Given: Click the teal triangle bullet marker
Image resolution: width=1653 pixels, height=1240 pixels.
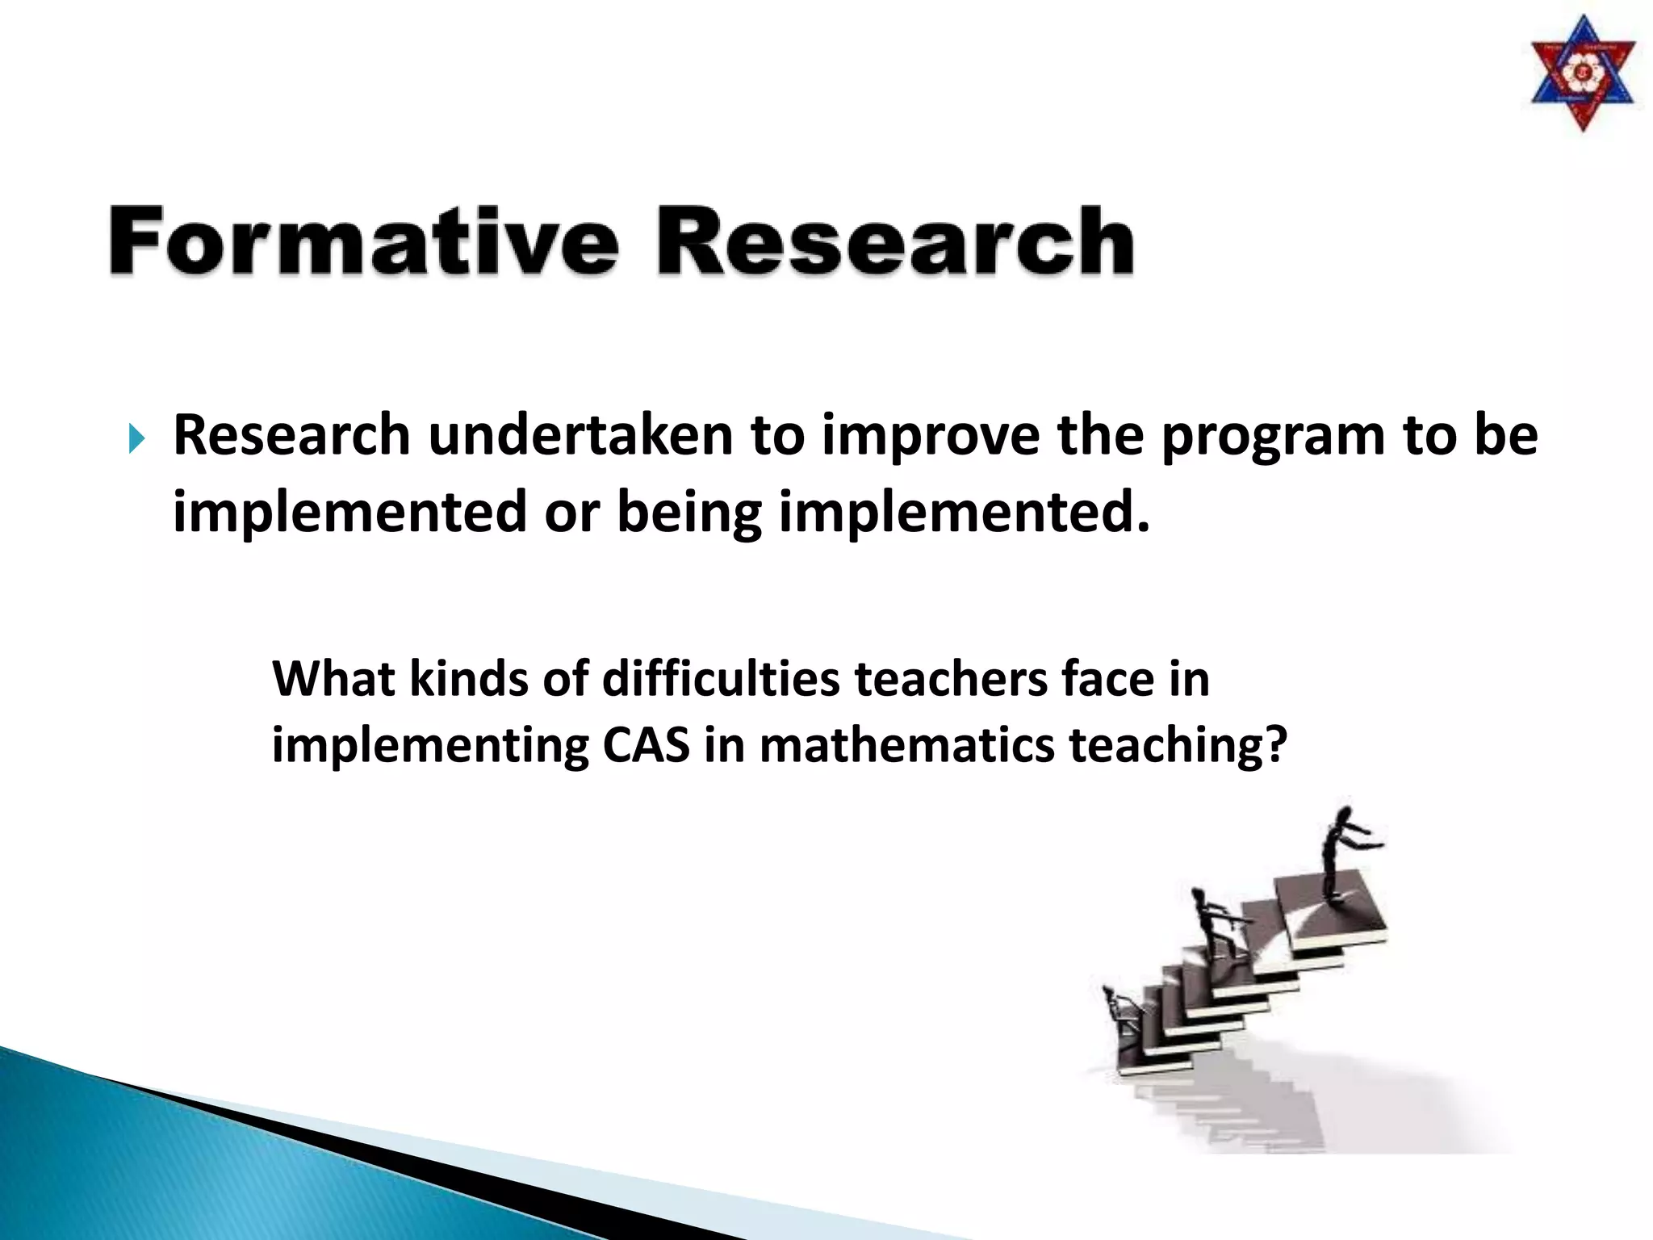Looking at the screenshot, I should click(x=136, y=440).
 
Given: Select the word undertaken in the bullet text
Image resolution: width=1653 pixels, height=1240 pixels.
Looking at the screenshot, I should click(x=580, y=436).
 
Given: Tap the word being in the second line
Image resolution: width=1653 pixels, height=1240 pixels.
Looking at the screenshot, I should click(x=688, y=513).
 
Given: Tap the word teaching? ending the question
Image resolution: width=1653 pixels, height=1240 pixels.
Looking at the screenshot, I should click(x=1178, y=746).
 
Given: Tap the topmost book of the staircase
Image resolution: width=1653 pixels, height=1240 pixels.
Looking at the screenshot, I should click(x=1332, y=912).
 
